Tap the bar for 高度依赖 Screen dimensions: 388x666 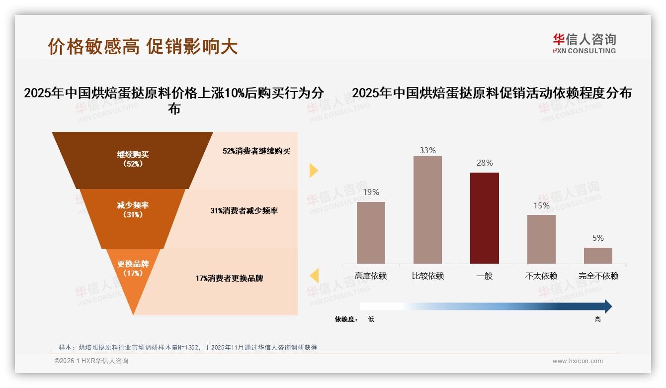[371, 232]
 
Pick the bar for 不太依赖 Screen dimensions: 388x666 [541, 239]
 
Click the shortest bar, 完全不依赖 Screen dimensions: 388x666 [598, 256]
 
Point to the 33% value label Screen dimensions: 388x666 [427, 150]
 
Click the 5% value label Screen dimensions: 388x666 [598, 238]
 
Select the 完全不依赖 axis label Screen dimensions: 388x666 [598, 276]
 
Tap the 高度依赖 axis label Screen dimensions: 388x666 [371, 276]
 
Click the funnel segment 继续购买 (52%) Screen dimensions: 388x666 [133, 159]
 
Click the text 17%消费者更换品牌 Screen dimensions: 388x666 [229, 279]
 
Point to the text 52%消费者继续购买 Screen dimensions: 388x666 [256, 151]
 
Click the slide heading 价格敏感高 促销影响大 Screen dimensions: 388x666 [143, 46]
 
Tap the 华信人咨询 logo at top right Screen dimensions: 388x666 [584, 43]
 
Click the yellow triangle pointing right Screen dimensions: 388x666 [314, 170]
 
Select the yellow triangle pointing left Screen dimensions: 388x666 [314, 275]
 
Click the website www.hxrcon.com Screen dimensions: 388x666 [578, 361]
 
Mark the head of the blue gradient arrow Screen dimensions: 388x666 [607, 306]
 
